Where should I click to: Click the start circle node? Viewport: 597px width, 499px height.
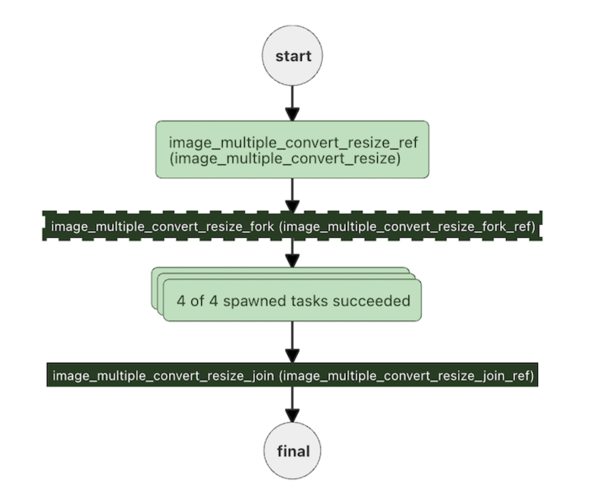(292, 56)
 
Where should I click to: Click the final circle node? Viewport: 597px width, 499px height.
(292, 451)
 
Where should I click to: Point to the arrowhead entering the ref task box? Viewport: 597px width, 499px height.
(292, 115)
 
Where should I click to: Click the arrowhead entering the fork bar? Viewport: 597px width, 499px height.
(292, 206)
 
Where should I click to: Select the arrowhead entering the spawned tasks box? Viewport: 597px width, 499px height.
(292, 261)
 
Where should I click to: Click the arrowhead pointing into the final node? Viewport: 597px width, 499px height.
(292, 416)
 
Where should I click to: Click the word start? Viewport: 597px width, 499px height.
(293, 56)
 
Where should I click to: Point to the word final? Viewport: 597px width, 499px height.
(293, 451)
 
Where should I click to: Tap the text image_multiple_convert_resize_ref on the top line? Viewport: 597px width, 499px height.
(293, 142)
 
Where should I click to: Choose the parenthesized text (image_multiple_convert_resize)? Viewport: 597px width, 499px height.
(285, 158)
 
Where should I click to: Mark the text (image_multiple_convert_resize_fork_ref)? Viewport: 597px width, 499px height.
(407, 226)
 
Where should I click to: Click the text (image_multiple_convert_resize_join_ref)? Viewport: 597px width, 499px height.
(406, 375)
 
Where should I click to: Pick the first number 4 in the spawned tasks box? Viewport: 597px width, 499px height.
(181, 301)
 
